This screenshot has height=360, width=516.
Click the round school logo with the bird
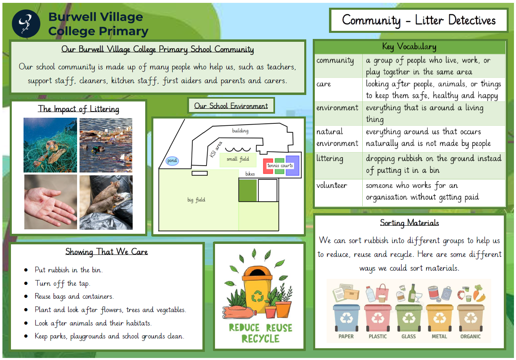click(26, 24)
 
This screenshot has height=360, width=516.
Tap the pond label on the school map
click(172, 160)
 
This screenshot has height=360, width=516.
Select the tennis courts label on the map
click(280, 166)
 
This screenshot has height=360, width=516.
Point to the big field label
click(196, 200)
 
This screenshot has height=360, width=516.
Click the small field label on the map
click(238, 159)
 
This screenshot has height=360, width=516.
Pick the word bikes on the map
click(250, 174)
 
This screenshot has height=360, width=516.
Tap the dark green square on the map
click(247, 190)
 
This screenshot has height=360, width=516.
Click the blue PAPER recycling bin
click(346, 318)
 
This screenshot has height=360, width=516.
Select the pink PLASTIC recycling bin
click(378, 318)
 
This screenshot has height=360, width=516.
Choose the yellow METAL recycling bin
click(439, 318)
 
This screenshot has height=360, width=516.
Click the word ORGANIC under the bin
click(471, 336)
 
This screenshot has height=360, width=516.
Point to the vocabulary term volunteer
click(331, 185)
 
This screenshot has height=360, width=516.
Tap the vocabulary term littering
click(330, 159)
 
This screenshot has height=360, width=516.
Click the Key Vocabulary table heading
click(409, 47)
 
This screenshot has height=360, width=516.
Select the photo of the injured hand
click(51, 202)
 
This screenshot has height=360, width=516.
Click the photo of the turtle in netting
click(50, 145)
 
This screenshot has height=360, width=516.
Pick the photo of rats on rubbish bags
click(106, 203)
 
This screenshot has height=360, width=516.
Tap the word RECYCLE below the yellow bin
click(260, 338)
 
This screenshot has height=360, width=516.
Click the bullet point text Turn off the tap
click(62, 283)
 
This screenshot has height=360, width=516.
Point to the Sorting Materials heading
click(409, 223)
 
